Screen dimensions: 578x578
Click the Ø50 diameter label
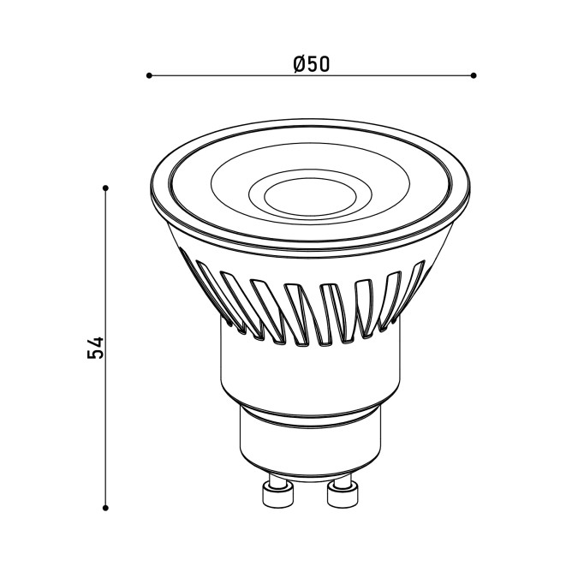[x=312, y=64]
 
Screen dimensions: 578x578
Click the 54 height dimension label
[x=96, y=348]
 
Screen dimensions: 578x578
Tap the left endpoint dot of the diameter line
[x=149, y=75]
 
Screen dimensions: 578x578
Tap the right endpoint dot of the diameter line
[x=474, y=75]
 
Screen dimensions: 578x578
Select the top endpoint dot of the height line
[x=105, y=188]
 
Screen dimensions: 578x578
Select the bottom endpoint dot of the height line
[x=105, y=508]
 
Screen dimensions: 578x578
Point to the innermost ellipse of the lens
[x=310, y=197]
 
